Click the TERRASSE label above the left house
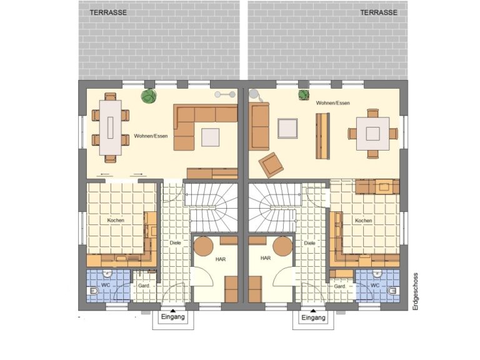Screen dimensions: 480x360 (108, 12)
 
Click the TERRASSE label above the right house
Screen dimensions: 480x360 (379, 12)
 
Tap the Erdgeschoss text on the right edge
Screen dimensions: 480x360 (416, 292)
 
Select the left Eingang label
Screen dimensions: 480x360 (173, 317)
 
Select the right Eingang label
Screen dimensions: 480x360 (313, 317)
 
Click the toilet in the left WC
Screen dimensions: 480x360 (93, 291)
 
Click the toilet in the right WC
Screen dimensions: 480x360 (392, 291)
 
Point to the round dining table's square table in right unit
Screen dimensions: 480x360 (372, 134)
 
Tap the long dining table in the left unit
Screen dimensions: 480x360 (110, 127)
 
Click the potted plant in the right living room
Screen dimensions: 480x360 (303, 94)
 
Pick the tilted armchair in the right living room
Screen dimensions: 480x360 (271, 165)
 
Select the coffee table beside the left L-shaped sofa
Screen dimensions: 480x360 (210, 137)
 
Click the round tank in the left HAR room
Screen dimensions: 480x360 (203, 246)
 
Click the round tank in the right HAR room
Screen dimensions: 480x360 (283, 246)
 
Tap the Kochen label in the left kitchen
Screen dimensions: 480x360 (116, 221)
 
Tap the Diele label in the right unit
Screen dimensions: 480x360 (309, 243)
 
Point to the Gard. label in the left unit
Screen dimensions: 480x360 (144, 286)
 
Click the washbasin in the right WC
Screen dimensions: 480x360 (377, 273)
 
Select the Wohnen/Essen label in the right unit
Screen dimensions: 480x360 (332, 103)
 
